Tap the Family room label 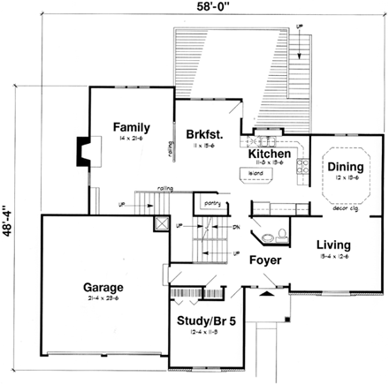[x=130, y=127]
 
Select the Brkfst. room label [x=204, y=134]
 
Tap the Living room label [x=333, y=245]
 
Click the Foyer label [x=264, y=260]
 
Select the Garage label [x=103, y=287]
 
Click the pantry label [x=210, y=204]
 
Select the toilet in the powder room [x=280, y=234]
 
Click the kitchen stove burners [x=302, y=162]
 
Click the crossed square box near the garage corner [x=160, y=222]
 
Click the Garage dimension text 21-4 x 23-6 [x=103, y=300]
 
